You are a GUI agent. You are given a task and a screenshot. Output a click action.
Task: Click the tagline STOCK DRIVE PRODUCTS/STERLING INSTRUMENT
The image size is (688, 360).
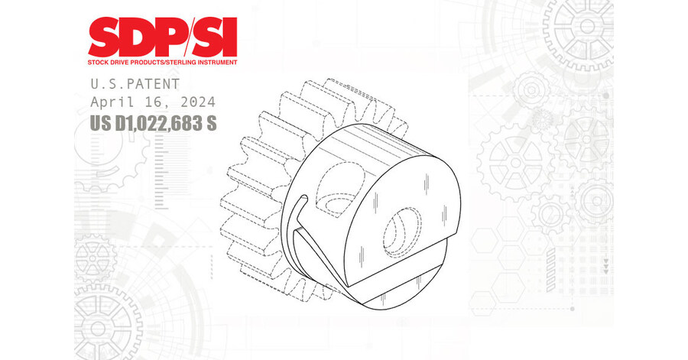click(162, 62)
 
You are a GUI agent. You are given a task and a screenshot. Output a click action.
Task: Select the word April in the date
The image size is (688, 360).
click(112, 101)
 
